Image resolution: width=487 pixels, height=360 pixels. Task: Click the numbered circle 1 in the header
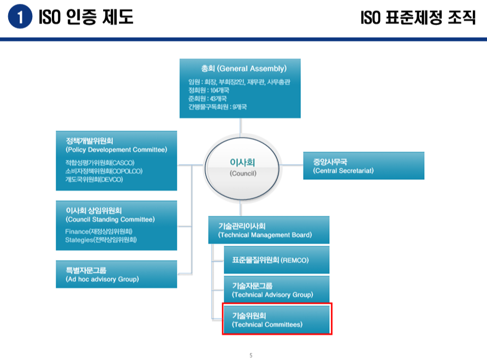(20, 17)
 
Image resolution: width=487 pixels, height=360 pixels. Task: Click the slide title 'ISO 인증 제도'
(86, 17)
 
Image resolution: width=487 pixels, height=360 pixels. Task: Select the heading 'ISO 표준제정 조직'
(418, 17)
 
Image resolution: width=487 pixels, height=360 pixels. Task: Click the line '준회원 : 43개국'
(206, 98)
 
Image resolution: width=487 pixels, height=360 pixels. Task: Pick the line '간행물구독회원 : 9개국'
(217, 107)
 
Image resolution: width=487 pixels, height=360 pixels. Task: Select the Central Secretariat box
(363, 166)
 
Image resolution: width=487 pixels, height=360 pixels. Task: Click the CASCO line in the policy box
(99, 163)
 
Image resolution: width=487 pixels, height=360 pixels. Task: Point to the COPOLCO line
(103, 171)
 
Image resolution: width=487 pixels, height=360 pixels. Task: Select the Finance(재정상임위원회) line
(103, 232)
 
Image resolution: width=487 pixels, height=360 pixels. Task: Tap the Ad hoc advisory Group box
(116, 274)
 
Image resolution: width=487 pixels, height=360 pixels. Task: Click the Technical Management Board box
(269, 230)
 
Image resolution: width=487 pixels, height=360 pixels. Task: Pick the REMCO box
(276, 261)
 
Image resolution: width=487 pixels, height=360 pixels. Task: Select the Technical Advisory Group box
(276, 290)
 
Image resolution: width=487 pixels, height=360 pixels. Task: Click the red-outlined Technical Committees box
(276, 320)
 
